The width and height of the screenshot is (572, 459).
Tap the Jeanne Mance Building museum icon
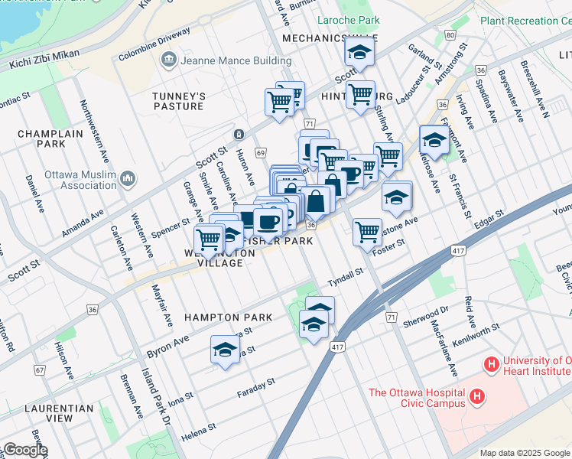[x=168, y=60]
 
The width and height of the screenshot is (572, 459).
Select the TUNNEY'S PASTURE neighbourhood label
[x=179, y=101]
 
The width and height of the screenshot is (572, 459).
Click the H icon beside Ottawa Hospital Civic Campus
[x=478, y=396]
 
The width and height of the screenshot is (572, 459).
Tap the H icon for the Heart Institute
[x=491, y=363]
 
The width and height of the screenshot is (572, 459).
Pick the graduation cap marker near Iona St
[x=224, y=350]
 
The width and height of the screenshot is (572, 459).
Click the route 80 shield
[x=450, y=36]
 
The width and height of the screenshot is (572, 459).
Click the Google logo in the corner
[x=24, y=450]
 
